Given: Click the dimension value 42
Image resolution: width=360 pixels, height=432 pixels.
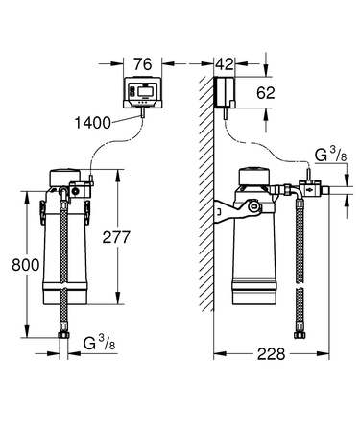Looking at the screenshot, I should click(225, 64).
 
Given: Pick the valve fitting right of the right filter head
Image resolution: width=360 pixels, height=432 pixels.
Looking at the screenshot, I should click(306, 187).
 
